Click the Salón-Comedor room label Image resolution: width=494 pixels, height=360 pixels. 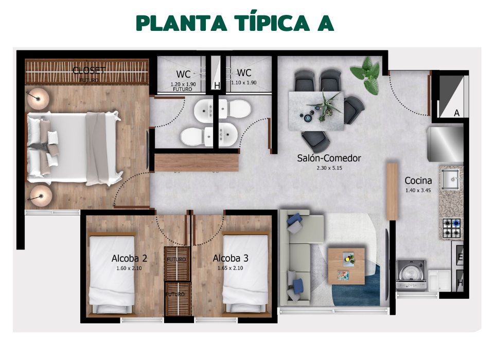(x=329, y=158)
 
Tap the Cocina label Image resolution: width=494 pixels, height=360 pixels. (x=418, y=181)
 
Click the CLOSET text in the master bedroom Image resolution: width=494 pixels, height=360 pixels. (x=89, y=70)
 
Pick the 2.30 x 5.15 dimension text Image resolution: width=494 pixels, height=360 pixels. (x=329, y=168)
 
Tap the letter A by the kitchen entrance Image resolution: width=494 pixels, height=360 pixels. (x=456, y=113)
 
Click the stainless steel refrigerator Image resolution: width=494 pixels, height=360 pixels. (x=446, y=143)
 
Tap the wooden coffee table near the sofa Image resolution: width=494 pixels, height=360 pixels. (x=346, y=265)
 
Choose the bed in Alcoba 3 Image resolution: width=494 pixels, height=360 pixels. (x=245, y=275)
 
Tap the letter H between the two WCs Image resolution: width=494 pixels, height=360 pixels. (x=217, y=85)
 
